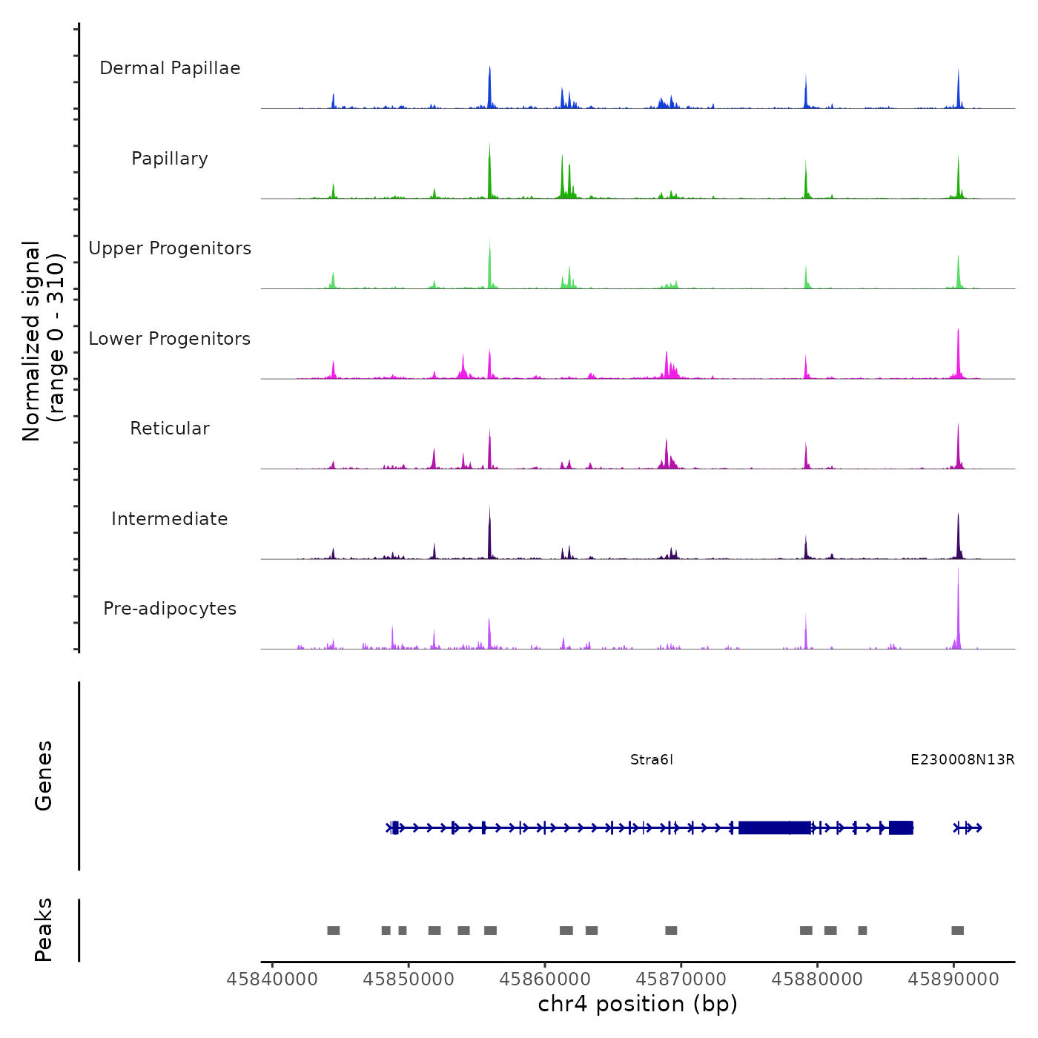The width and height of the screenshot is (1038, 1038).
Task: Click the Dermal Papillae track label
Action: (170, 68)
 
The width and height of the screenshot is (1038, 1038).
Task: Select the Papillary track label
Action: (170, 159)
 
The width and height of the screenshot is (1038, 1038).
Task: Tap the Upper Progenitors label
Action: (170, 248)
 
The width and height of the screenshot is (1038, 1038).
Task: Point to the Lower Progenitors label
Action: (170, 339)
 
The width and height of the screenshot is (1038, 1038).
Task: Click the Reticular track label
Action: (170, 429)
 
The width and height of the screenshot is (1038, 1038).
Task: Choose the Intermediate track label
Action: (170, 519)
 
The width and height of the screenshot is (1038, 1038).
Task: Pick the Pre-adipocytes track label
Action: (170, 609)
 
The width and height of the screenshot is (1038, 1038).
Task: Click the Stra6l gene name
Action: (652, 759)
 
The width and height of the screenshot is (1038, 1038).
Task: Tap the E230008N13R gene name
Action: (962, 759)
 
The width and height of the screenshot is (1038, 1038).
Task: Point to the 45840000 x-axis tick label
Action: (272, 979)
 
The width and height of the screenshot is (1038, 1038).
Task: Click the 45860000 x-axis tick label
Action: (545, 979)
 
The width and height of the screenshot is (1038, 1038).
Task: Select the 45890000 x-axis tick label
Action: (953, 979)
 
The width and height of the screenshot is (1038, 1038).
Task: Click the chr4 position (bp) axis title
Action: (638, 1004)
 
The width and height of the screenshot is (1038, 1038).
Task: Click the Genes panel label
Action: (44, 776)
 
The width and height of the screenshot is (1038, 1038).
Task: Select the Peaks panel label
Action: (44, 930)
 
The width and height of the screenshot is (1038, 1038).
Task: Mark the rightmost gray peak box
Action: (957, 930)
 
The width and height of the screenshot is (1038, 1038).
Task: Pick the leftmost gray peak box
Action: (334, 930)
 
